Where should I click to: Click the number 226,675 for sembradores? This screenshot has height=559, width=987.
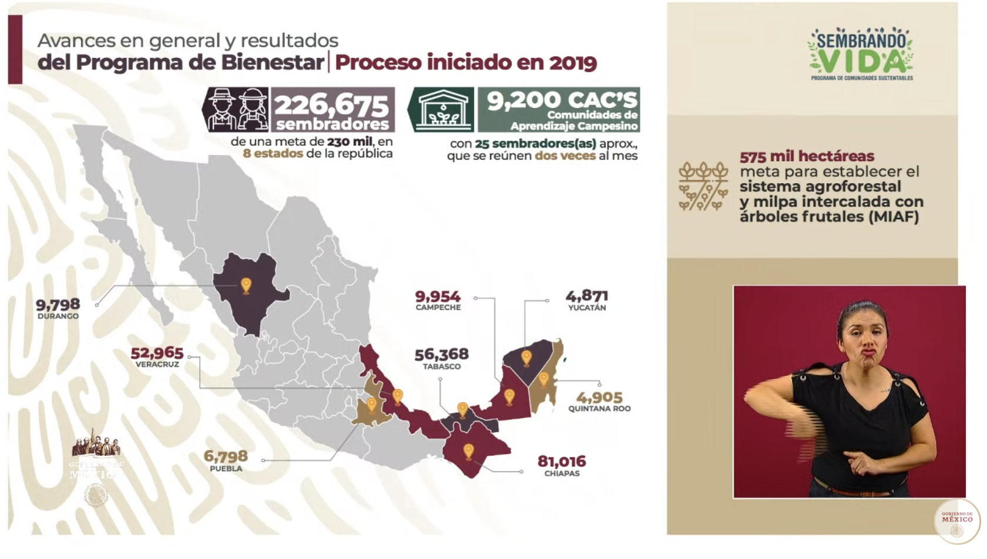coord(332,105)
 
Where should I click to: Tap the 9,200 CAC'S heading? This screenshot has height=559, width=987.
coord(562,100)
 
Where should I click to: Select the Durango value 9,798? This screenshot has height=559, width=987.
coord(58,304)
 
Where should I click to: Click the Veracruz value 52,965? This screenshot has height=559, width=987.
coord(157,353)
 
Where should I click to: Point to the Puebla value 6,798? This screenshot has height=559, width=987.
coord(226,456)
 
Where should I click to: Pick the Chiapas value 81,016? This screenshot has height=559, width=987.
coord(562,462)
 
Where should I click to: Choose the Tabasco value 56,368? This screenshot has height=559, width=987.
coord(442,354)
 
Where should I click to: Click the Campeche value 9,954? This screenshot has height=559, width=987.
coord(438,297)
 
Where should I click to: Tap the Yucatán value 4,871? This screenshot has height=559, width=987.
coord(586,296)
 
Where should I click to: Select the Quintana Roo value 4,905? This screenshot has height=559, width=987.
coord(599,398)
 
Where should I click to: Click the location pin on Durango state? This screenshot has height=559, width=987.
coord(246,286)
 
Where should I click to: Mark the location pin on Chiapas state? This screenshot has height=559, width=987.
coord(468,451)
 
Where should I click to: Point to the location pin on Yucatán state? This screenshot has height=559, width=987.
coord(526,357)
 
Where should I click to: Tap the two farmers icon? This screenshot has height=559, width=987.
coord(235,109)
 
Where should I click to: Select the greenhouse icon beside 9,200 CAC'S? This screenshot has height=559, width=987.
coord(441,110)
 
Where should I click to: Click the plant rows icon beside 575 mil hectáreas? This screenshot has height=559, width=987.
coord(703,186)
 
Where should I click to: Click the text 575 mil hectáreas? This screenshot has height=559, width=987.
coord(807,156)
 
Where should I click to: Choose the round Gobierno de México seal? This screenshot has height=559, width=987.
coord(957,521)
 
